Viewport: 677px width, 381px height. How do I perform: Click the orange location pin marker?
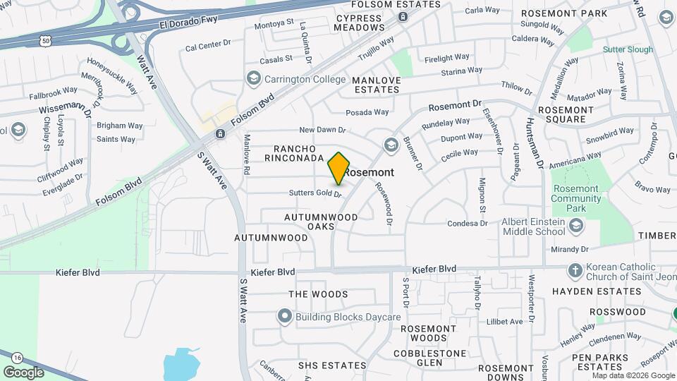pyautogui.click(x=339, y=168)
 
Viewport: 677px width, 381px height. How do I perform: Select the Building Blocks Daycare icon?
pyautogui.click(x=284, y=317)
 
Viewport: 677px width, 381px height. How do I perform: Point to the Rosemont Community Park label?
pyautogui.click(x=576, y=194)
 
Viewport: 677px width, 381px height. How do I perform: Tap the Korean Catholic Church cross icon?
pyautogui.click(x=576, y=270)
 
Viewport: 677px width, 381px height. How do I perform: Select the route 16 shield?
pyautogui.click(x=16, y=358)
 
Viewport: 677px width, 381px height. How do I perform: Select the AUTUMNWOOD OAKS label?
pyautogui.click(x=322, y=222)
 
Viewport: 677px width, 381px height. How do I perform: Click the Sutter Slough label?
pyautogui.click(x=628, y=50)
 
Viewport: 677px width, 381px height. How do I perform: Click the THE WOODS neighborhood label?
pyautogui.click(x=318, y=294)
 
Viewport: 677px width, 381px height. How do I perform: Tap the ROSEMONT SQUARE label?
pyautogui.click(x=571, y=115)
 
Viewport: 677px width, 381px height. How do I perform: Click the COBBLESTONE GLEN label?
pyautogui.click(x=429, y=358)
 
